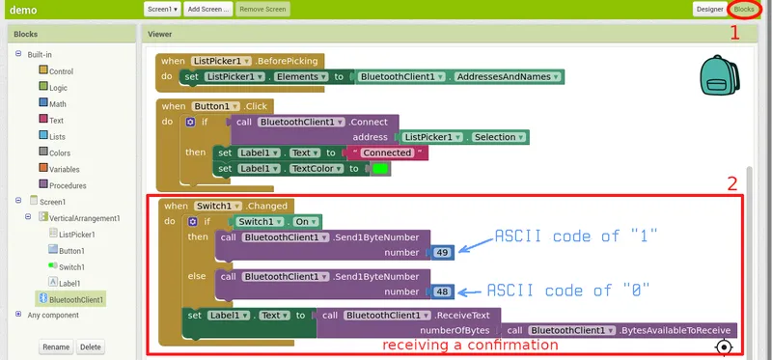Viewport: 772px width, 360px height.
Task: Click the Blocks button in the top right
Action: tap(744, 9)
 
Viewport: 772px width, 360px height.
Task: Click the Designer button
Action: tap(708, 9)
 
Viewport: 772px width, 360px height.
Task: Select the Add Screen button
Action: tap(208, 9)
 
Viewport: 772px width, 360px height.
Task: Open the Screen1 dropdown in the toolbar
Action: tap(162, 9)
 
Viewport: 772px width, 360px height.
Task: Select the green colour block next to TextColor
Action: tap(380, 169)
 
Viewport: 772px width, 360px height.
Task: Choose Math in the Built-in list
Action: tap(57, 103)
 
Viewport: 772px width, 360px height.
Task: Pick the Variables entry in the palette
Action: tap(65, 168)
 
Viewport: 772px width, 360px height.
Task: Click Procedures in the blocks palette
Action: tap(67, 184)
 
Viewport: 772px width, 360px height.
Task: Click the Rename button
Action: tap(56, 346)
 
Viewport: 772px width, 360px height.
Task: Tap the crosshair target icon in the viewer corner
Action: tap(724, 346)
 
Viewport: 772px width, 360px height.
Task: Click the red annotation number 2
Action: tap(731, 182)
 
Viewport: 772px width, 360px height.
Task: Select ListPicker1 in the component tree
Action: tap(77, 234)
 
